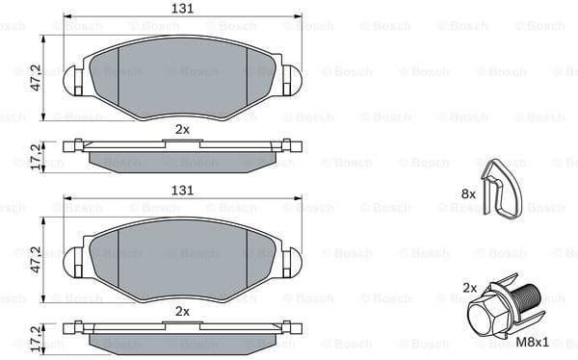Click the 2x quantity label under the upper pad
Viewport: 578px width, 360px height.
[x=182, y=128]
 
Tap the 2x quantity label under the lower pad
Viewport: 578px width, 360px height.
[x=182, y=312]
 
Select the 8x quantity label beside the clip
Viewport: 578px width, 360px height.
[x=469, y=193]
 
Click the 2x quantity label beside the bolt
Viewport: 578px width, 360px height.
[x=469, y=288]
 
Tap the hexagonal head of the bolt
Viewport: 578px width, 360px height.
[x=486, y=315]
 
